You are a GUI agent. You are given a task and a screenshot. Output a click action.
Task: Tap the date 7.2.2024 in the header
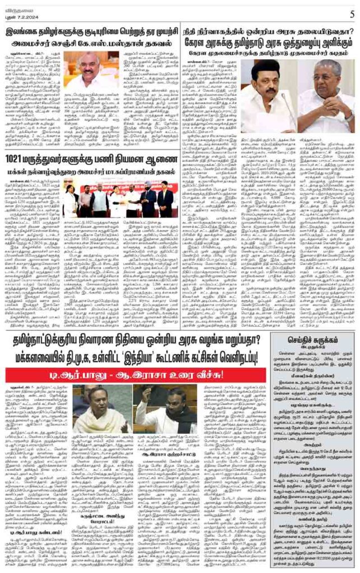point(30,15)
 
